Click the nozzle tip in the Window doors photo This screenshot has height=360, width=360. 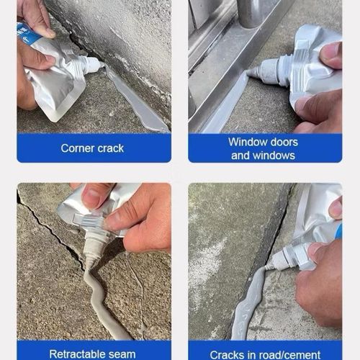pyautogui.click(x=252, y=72)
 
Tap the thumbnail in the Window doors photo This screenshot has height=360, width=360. pyautogui.click(x=330, y=53)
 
